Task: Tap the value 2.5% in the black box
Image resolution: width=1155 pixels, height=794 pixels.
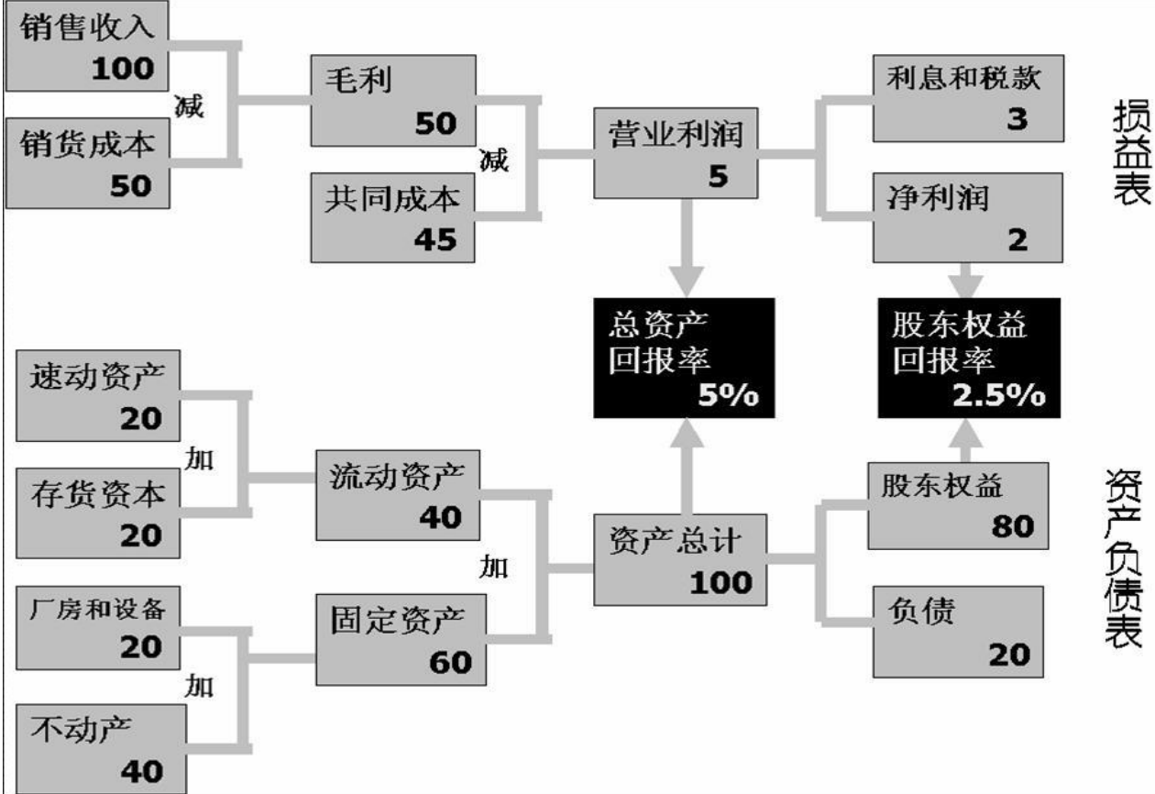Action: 996,395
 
